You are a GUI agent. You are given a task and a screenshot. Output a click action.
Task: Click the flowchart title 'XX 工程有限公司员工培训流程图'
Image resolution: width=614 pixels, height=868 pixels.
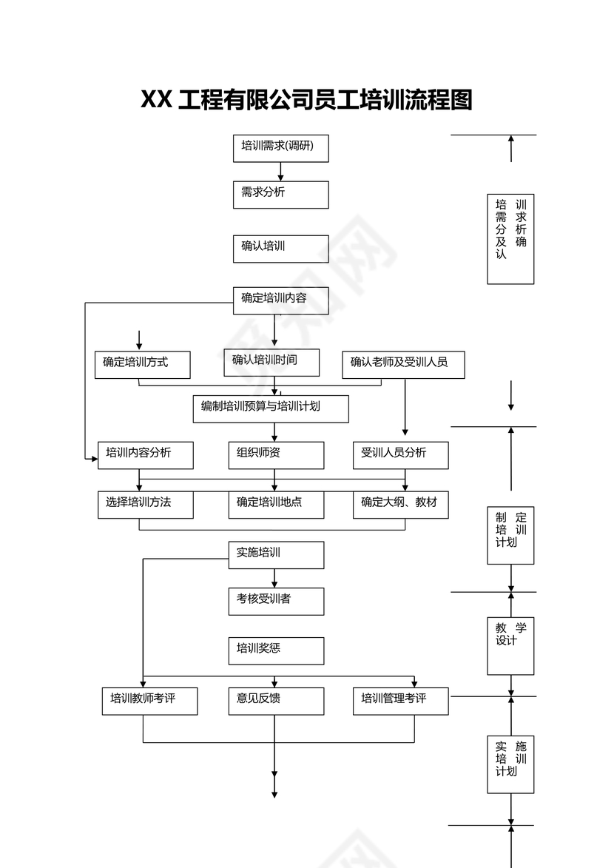(306, 99)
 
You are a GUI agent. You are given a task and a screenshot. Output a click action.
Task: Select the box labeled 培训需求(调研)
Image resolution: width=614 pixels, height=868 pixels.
(280, 148)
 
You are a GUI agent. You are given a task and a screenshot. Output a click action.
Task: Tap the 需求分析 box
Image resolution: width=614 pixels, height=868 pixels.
(280, 195)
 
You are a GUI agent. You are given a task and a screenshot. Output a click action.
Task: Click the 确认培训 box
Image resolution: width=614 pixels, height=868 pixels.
(280, 249)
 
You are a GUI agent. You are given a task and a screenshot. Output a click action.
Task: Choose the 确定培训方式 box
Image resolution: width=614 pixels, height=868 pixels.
(143, 364)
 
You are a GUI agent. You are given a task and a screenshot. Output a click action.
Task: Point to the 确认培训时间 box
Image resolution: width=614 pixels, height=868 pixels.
(271, 362)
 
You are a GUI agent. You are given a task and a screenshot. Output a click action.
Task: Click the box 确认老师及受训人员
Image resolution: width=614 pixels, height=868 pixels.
(403, 364)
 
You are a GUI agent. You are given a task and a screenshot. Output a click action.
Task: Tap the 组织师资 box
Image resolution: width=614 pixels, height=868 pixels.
(275, 455)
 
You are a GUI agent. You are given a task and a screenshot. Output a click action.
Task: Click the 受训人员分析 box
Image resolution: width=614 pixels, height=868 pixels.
(400, 455)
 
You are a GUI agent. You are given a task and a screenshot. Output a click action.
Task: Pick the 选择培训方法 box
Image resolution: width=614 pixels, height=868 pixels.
(146, 504)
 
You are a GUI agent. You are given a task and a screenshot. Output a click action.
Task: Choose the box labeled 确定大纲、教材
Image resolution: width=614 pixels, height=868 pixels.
(400, 504)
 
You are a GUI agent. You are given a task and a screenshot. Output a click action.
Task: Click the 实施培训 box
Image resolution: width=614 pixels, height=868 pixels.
(275, 554)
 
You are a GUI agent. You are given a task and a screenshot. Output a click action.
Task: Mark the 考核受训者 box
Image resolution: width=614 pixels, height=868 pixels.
(275, 601)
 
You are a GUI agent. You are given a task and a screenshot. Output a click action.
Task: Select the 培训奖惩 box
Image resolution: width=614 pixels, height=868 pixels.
(275, 650)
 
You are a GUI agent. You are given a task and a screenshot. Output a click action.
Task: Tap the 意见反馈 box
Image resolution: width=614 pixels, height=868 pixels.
(275, 700)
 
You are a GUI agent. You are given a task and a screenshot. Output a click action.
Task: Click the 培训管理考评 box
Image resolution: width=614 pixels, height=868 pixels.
(400, 700)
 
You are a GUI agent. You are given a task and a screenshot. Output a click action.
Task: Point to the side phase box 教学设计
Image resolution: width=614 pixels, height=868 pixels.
(510, 645)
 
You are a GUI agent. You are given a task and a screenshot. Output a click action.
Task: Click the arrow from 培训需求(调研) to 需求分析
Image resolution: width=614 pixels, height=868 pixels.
(280, 172)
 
